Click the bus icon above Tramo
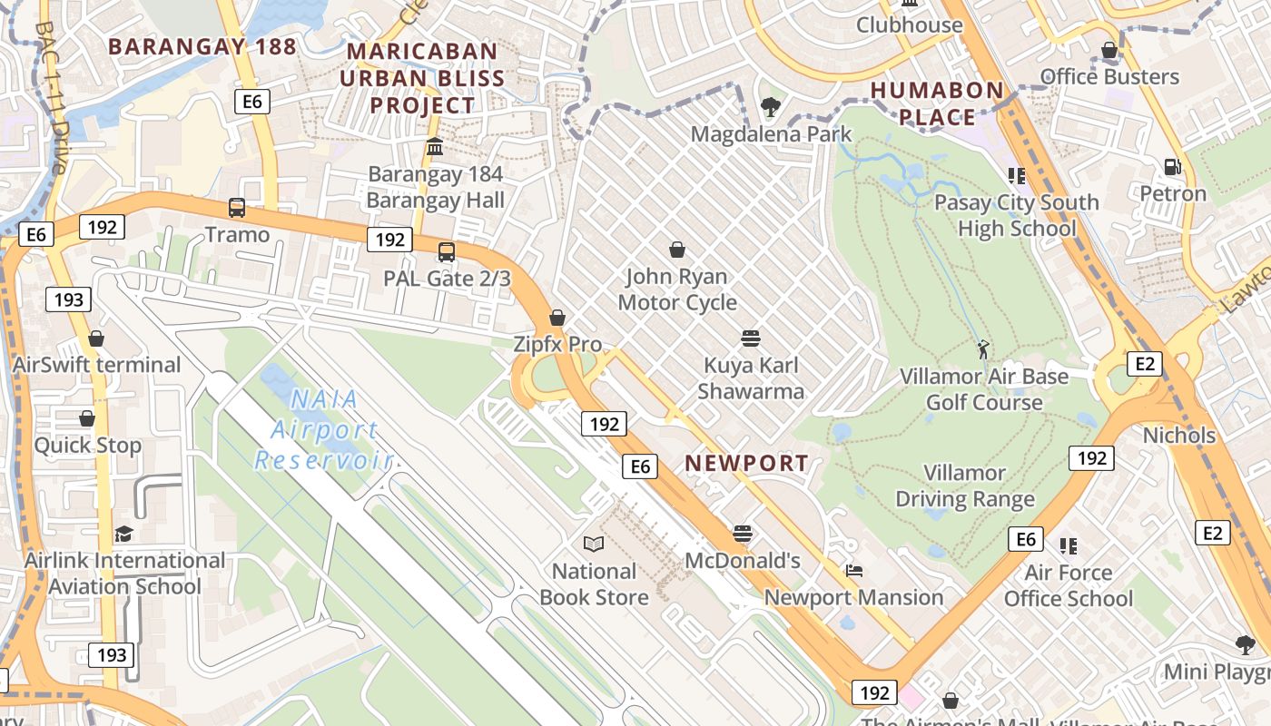tap(237, 208)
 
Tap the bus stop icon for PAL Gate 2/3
tap(446, 251)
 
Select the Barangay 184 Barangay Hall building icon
tap(435, 147)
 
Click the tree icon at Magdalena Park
tap(771, 107)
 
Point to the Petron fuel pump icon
tap(1173, 167)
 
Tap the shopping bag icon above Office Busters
tap(1109, 50)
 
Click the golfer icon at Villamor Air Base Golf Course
tap(983, 348)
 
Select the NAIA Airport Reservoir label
tap(323, 430)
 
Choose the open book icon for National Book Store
tap(594, 544)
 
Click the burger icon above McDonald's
tap(743, 534)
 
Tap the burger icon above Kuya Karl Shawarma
tap(750, 338)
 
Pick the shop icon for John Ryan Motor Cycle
tap(676, 250)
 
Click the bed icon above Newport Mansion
tap(853, 571)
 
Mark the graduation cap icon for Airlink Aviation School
tap(123, 534)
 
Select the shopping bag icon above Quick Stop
tap(87, 418)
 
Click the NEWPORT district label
tap(746, 463)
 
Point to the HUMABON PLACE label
tap(937, 103)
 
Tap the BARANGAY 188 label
tap(202, 46)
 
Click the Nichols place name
tap(1178, 436)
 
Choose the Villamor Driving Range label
tap(964, 486)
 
